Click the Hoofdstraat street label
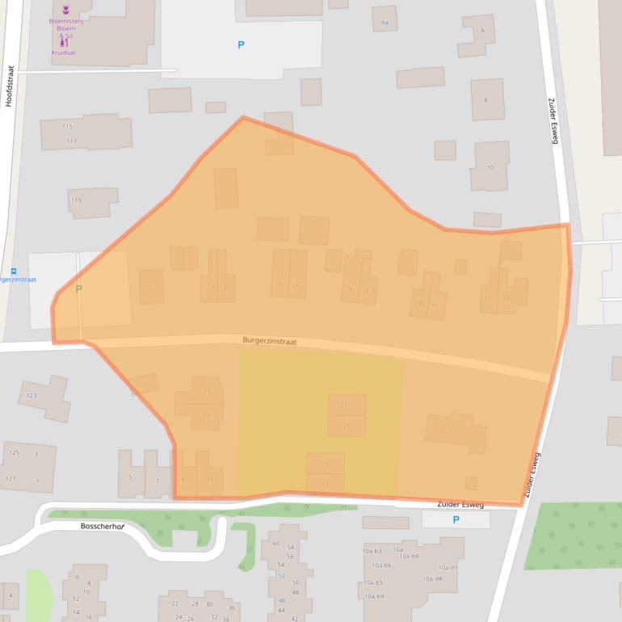point(11,92)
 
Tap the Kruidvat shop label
point(63,53)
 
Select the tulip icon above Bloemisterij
point(66,9)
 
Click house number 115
point(67,127)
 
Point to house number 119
point(76,200)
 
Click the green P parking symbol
point(78,289)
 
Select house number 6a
point(385,22)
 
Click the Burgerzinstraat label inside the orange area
point(269,342)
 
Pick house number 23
point(344,404)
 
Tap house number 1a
point(211,287)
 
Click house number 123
point(32,396)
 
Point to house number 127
point(11,479)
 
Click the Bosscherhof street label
point(103,526)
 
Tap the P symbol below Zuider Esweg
point(456,520)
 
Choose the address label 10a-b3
point(372,551)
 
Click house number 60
point(275,543)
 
